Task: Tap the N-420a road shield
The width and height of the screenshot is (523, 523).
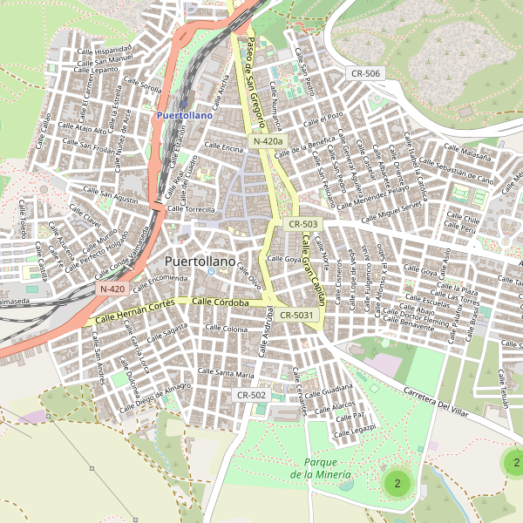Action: (268, 141)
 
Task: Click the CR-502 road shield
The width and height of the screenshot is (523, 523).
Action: (251, 395)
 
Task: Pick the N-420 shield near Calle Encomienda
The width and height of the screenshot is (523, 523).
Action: (112, 289)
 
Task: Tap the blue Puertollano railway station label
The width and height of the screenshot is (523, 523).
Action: (184, 114)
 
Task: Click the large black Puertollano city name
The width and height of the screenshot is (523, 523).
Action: (200, 261)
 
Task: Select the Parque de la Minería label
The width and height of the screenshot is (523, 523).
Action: (322, 468)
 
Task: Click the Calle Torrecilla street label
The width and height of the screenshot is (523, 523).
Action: (191, 210)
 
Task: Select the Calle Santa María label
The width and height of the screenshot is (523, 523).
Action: (226, 373)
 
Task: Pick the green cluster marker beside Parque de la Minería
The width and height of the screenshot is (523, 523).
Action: (397, 482)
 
